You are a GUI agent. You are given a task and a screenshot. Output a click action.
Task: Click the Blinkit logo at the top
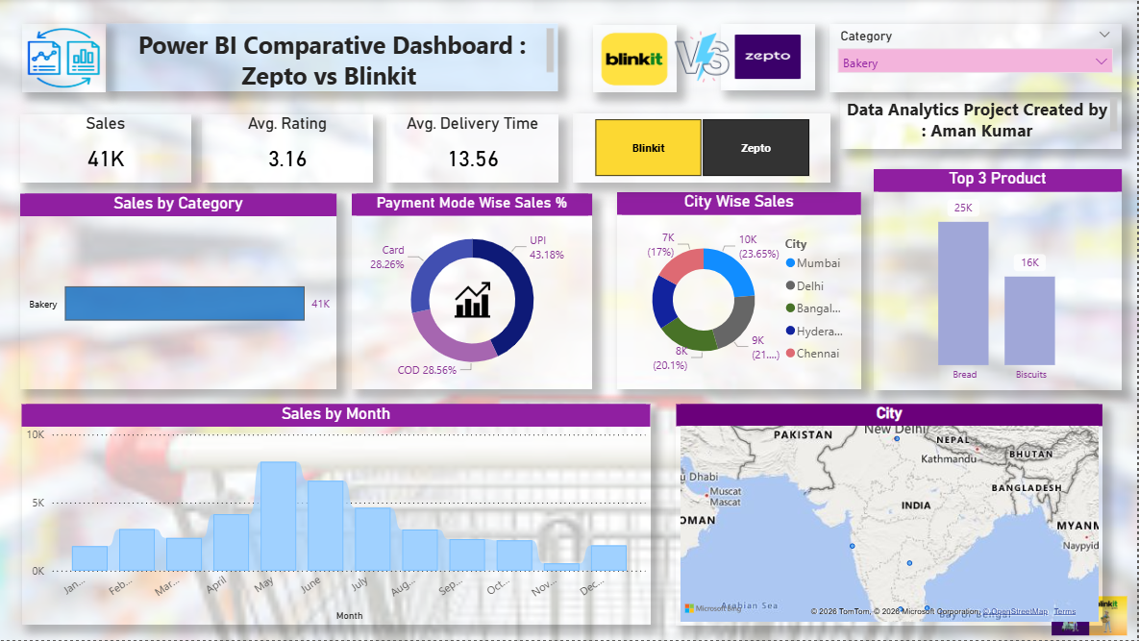[x=633, y=59]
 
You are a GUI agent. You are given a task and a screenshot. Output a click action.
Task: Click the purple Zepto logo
[x=767, y=57]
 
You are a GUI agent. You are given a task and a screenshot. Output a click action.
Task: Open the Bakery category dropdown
[x=975, y=62]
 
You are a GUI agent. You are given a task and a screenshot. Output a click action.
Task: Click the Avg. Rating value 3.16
[x=286, y=160]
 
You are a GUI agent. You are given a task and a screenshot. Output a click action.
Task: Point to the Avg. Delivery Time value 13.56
[x=472, y=160]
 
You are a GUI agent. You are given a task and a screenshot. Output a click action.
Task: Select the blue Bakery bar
[x=184, y=304]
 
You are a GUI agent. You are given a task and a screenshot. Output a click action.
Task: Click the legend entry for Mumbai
[x=817, y=263]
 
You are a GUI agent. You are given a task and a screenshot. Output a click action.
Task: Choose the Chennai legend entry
[x=817, y=354]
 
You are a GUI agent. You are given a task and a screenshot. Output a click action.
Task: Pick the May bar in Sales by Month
[x=278, y=516]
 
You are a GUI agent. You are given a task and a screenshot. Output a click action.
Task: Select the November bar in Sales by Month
[x=560, y=567]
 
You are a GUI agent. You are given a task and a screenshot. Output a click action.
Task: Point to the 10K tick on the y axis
[x=35, y=434]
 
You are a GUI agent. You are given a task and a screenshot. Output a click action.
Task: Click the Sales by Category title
[x=178, y=204]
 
